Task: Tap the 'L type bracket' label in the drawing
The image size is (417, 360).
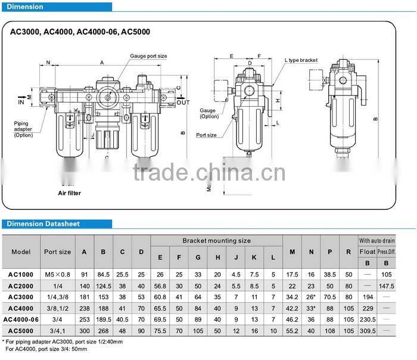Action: [x=301, y=60]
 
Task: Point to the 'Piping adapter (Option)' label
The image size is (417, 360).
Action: [x=24, y=129]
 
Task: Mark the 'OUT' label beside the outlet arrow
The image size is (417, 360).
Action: [x=183, y=102]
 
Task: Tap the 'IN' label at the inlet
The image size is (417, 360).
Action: [x=21, y=103]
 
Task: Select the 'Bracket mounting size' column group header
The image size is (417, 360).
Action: [x=216, y=241]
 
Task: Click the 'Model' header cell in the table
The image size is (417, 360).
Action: [x=21, y=252]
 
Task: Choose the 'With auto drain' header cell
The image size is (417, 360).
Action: [x=376, y=240]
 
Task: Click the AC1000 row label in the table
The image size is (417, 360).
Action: [x=21, y=275]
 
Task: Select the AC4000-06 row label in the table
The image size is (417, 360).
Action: [x=21, y=319]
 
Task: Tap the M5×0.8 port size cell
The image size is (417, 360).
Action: [x=57, y=275]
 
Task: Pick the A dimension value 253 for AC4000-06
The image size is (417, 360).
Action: [x=84, y=319]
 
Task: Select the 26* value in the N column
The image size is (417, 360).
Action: [x=311, y=297]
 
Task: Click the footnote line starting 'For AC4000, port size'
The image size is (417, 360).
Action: [x=45, y=349]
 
